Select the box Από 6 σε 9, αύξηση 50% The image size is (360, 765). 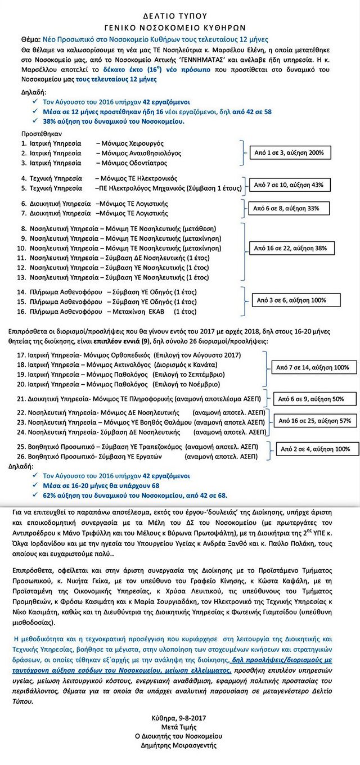click(308, 399)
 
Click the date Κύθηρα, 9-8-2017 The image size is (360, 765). click(179, 718)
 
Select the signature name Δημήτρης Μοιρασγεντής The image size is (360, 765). click(179, 746)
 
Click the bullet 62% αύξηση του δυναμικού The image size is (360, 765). click(135, 495)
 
